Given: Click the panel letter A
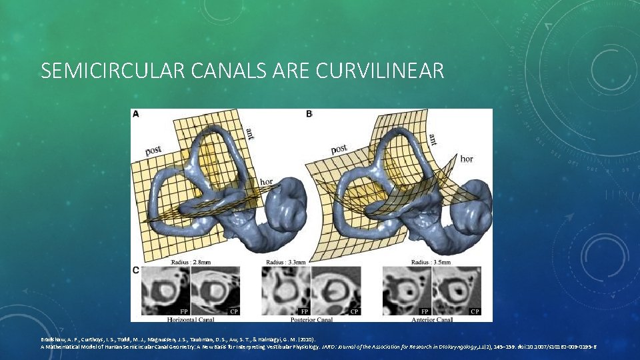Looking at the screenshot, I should point(136,114).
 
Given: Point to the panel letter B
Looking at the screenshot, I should point(309,114).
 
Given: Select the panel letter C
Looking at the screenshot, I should point(136,270).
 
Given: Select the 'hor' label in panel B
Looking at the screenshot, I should point(467,159).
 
